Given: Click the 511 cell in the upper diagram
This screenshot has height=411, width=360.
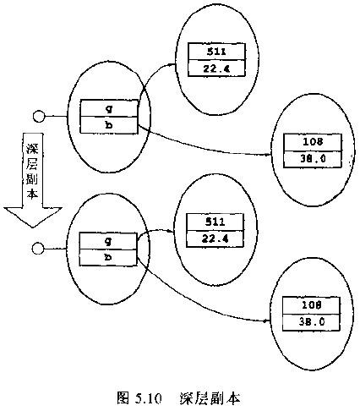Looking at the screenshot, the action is pos(216,52).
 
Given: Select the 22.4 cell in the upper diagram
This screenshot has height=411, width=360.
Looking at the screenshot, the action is pos(216,68).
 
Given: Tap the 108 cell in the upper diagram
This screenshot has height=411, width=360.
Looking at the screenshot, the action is pos(313,143).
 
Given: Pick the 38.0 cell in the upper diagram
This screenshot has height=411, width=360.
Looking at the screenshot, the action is pos(313,160).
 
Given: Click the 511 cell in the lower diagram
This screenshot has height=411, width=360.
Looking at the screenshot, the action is pos(215,222).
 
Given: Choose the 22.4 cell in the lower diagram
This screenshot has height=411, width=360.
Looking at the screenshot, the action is pos(215,239).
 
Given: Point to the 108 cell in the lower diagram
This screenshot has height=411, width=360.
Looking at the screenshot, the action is pos(311,305).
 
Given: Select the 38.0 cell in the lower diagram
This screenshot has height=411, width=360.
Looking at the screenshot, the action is pos(311,322).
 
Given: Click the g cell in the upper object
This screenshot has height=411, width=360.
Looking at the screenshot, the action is pos(109,108).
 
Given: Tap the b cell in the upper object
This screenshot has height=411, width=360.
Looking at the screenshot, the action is pos(109,125).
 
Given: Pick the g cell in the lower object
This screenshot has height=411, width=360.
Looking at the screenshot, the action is pos(108,241).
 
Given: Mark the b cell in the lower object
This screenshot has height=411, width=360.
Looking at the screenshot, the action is pos(108,258).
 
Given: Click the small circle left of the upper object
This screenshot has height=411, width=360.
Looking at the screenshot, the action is pos(39,117).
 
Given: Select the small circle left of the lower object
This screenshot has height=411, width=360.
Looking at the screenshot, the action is pos(38,249).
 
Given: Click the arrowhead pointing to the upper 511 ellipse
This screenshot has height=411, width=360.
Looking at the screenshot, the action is pos(173,65).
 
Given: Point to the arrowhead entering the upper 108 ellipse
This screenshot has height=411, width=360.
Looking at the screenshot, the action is pos(268,155).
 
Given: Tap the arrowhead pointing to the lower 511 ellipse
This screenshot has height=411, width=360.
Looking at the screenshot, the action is pos(171,232).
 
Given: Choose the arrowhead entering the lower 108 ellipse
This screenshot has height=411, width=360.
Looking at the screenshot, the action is pos(266,321).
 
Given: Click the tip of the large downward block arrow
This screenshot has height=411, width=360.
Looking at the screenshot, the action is pos(33,227).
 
